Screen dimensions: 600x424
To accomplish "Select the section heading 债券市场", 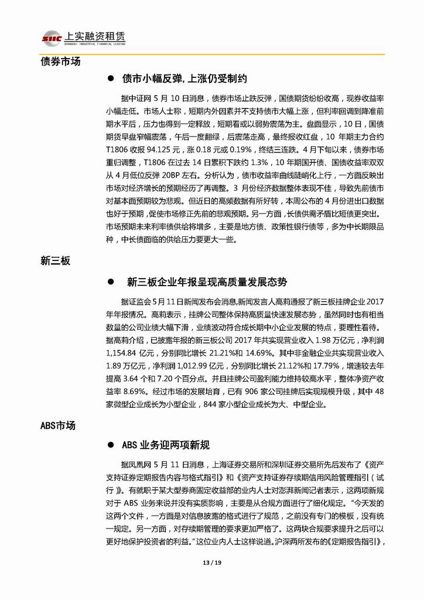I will click(x=60, y=61).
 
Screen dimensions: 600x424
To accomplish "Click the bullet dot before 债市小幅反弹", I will click(x=110, y=78).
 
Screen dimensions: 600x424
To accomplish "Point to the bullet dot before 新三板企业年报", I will click(x=110, y=282).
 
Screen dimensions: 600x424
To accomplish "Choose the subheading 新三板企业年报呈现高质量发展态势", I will click(x=207, y=282).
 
